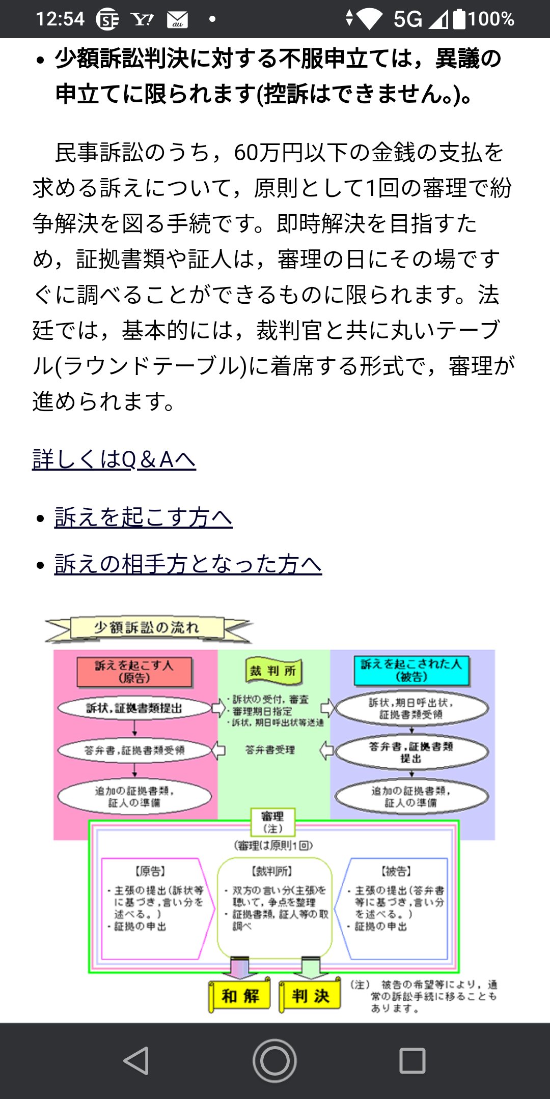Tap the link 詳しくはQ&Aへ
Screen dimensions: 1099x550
114,459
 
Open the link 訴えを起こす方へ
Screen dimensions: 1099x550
143,517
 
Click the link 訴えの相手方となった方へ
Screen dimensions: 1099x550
188,564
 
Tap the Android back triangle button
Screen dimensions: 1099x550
136,1060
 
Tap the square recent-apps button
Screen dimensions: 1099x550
412,1060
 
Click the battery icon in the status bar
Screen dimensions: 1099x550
458,19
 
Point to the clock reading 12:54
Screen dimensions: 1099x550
60,19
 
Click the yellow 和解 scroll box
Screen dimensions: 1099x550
240,996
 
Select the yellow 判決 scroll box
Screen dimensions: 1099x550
310,996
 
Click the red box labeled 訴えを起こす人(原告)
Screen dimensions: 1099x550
134,672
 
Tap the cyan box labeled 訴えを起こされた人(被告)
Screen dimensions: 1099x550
411,671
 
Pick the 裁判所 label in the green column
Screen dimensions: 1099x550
273,671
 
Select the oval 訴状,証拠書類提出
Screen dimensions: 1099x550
134,708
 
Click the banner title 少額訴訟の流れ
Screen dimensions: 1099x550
147,627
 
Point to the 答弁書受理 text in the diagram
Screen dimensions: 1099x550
270,750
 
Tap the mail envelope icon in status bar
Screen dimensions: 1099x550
177,20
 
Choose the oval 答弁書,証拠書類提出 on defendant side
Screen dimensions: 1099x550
411,752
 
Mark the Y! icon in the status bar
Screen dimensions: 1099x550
143,20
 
